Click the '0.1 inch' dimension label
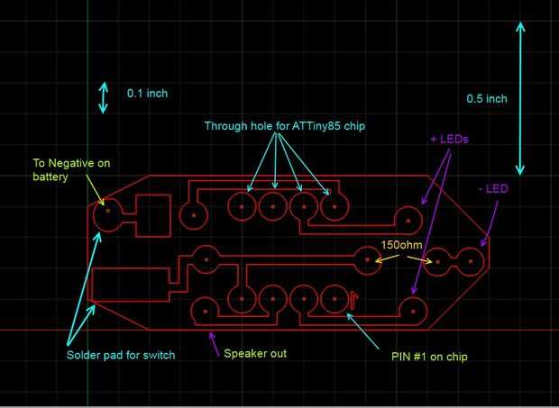tap(147, 93)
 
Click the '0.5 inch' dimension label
tap(487, 98)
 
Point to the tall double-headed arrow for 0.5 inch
tap(520, 98)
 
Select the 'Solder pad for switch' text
tap(121, 354)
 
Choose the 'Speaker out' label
tap(255, 353)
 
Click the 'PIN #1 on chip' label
tap(428, 357)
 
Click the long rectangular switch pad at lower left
tap(130, 286)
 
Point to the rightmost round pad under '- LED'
tap(471, 261)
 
